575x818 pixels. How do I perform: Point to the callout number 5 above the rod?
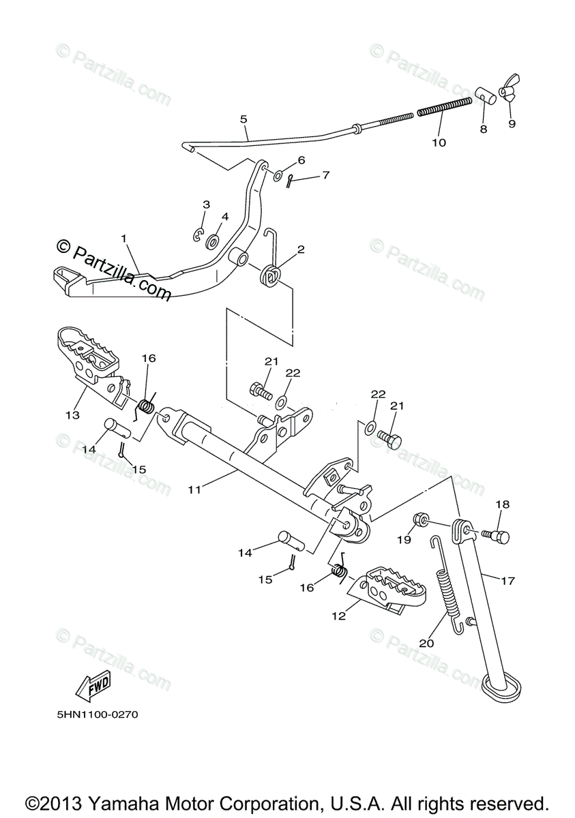coord(244,119)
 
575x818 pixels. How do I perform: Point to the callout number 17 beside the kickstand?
coord(507,581)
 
